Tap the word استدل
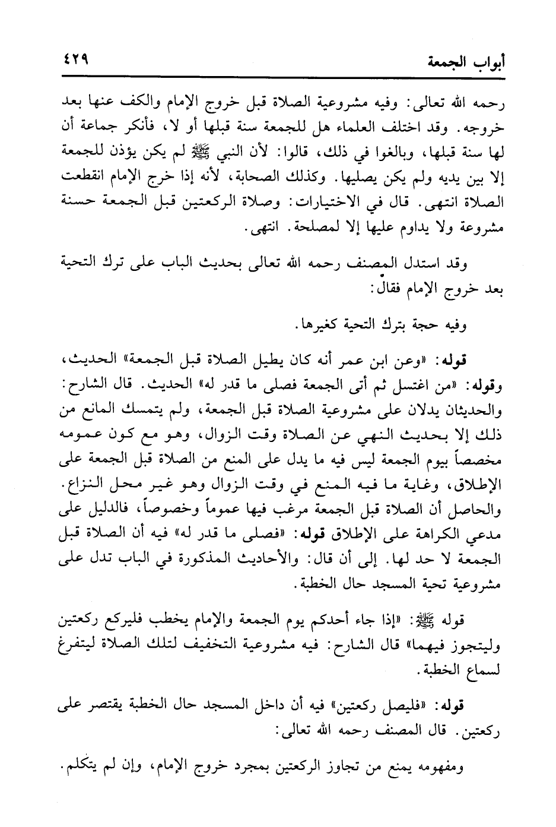[415, 264]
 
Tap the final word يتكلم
[78, 769]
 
